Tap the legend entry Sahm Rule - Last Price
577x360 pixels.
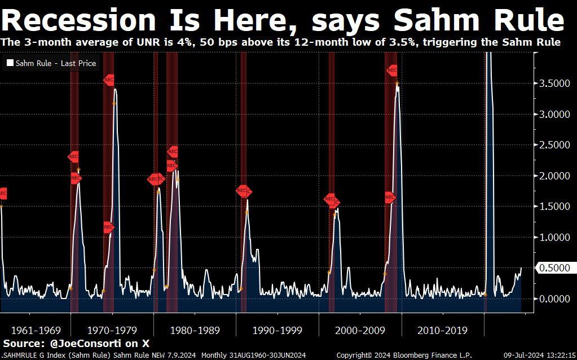pyautogui.click(x=55, y=64)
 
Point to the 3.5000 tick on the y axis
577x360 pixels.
pyautogui.click(x=555, y=84)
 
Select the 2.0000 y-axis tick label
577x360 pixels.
pyautogui.click(x=555, y=176)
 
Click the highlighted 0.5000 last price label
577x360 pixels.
pyautogui.click(x=554, y=268)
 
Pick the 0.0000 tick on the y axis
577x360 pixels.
pyautogui.click(x=555, y=299)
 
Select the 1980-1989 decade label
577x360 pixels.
pyautogui.click(x=195, y=330)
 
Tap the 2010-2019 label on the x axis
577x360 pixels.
pyautogui.click(x=442, y=330)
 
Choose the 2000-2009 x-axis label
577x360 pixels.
pyautogui.click(x=360, y=330)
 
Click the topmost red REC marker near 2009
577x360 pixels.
pyautogui.click(x=392, y=71)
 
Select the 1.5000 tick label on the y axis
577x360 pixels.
pyautogui.click(x=555, y=207)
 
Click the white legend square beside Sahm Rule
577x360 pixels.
pyautogui.click(x=10, y=64)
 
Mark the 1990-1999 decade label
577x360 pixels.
pyautogui.click(x=278, y=330)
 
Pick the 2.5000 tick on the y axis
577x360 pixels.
pyautogui.click(x=555, y=145)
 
